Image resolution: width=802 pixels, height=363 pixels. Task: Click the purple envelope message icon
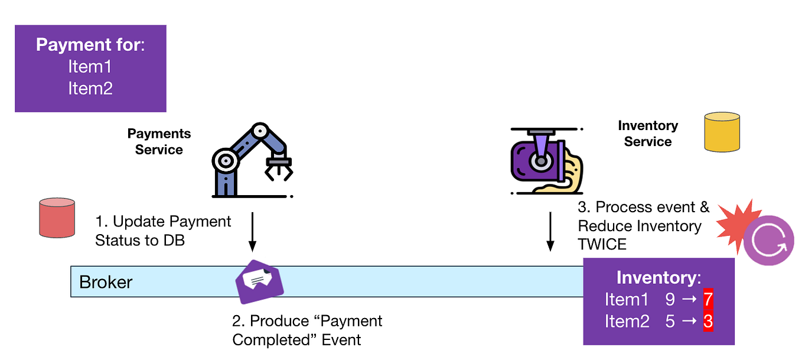260,281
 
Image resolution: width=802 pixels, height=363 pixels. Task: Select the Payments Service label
159,142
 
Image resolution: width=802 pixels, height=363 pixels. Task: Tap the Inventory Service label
648,134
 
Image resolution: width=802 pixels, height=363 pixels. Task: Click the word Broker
106,282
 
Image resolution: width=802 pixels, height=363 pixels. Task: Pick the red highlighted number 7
708,300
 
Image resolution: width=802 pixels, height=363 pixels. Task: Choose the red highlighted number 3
708,322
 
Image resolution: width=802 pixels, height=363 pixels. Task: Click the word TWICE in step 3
602,244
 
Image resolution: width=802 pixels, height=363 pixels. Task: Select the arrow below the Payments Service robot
252,231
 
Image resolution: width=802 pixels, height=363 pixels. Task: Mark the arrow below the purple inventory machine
550,231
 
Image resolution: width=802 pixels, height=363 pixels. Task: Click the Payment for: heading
90,46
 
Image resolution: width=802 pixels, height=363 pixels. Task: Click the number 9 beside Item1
670,300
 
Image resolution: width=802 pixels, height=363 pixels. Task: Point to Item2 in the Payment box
90,89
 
